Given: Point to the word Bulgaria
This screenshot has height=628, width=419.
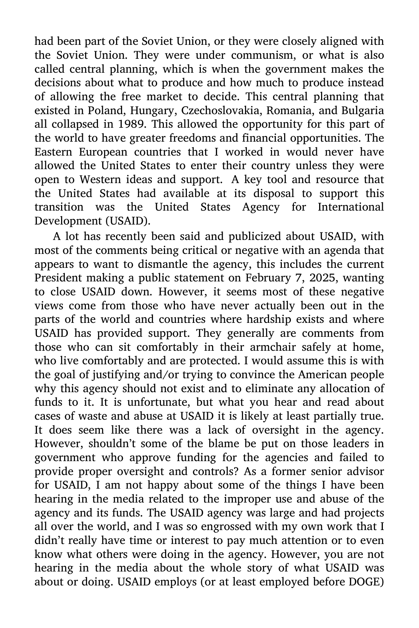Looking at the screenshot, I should pyautogui.click(x=362, y=111).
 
